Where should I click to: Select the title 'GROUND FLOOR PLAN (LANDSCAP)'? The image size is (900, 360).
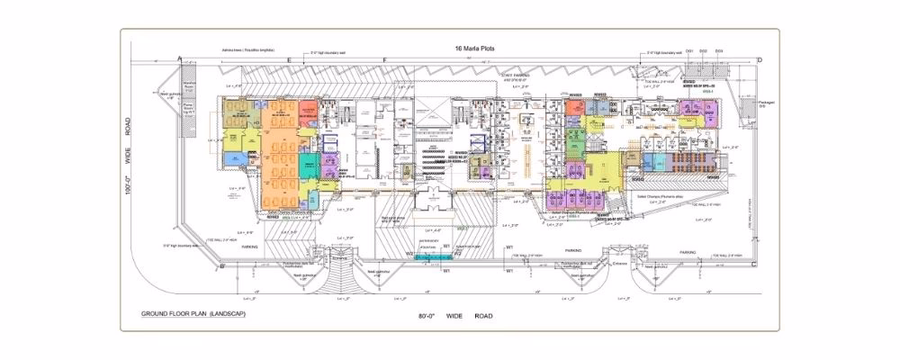pos(187,315)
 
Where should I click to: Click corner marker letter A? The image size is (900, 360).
pos(181,59)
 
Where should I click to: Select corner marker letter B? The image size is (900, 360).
pos(221,266)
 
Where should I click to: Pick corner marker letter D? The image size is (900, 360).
pos(760,60)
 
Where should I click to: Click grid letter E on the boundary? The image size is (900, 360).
pos(289,59)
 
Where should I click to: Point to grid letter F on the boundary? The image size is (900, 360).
pos(384,59)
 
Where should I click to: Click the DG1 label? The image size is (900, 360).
pos(689,51)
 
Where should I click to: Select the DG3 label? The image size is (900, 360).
pos(719,51)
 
